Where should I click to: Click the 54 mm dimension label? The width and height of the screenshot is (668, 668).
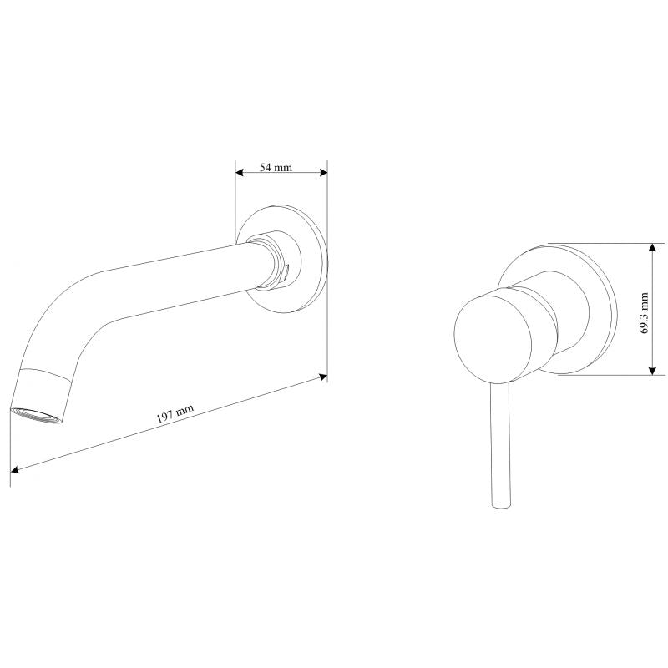click(276, 167)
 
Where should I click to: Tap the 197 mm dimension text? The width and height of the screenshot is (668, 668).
click(175, 412)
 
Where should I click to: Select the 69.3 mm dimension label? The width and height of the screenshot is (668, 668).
click(644, 313)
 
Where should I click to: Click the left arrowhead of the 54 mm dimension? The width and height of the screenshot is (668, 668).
click(239, 173)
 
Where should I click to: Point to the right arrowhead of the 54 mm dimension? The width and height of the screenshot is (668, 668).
click(324, 173)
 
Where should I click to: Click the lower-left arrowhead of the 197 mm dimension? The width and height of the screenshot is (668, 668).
click(14, 469)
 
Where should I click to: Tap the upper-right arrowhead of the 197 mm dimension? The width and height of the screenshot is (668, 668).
click(323, 377)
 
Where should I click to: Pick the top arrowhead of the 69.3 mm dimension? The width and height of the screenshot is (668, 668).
click(652, 247)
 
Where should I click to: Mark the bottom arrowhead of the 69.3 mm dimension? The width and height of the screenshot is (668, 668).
click(652, 371)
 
